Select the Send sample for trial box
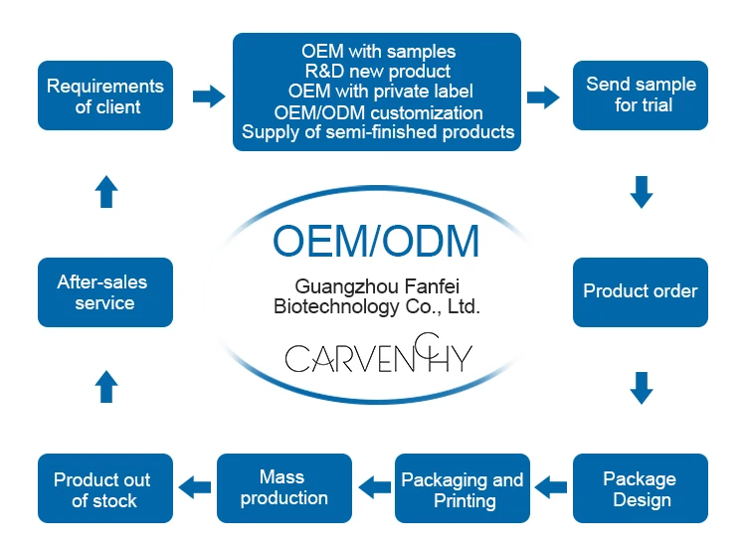[642, 95]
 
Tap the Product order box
[641, 291]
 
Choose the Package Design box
[641, 488]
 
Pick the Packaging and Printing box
[463, 488]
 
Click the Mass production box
[283, 488]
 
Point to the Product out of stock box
[104, 488]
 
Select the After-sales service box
[104, 291]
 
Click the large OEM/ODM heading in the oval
[376, 242]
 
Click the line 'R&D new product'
[377, 72]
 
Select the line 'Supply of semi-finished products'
[377, 131]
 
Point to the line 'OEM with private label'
[377, 92]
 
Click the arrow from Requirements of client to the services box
[209, 95]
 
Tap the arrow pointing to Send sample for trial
[543, 95]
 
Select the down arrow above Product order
[642, 192]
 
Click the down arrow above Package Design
[642, 388]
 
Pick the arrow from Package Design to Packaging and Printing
[550, 487]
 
